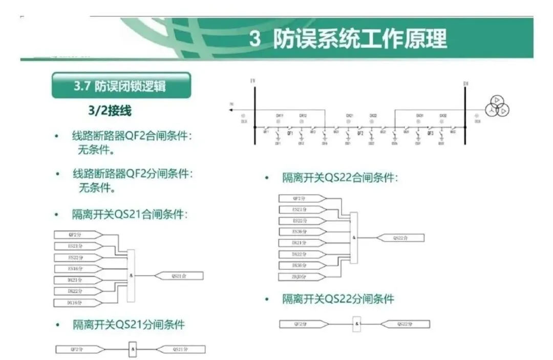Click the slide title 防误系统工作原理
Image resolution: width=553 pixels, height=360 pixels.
(x=348, y=39)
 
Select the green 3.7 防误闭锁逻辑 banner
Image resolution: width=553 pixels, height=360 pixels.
(x=121, y=85)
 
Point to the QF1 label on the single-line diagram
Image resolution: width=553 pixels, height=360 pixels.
(x=289, y=133)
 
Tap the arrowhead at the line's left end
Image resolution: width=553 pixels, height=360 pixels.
(x=232, y=110)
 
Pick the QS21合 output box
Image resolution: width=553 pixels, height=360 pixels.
(x=180, y=276)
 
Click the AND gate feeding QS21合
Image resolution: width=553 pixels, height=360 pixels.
(x=131, y=276)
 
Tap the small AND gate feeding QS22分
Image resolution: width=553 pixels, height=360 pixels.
(x=357, y=324)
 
